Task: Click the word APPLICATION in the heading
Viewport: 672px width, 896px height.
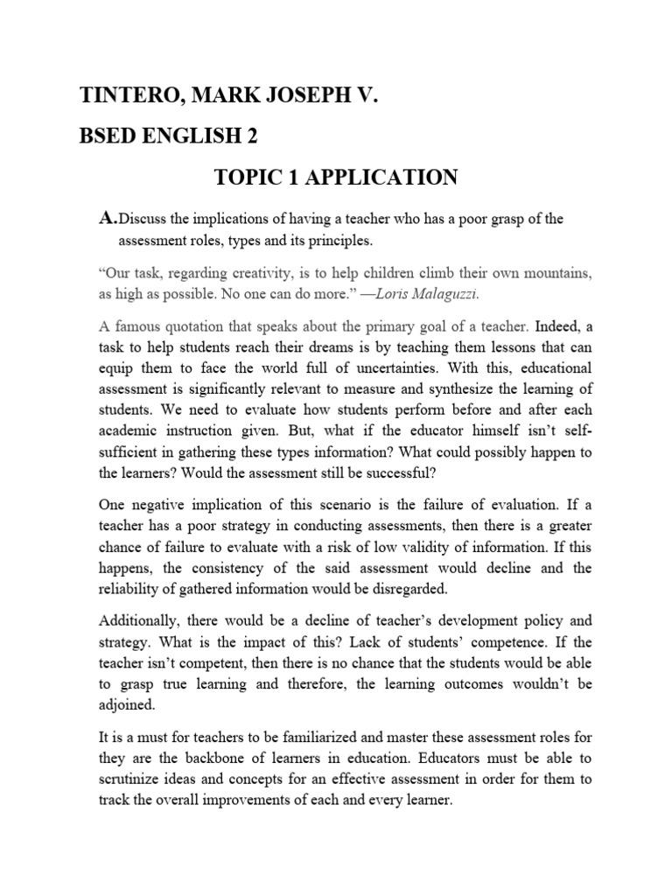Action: point(386,178)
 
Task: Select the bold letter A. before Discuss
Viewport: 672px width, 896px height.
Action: point(108,218)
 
